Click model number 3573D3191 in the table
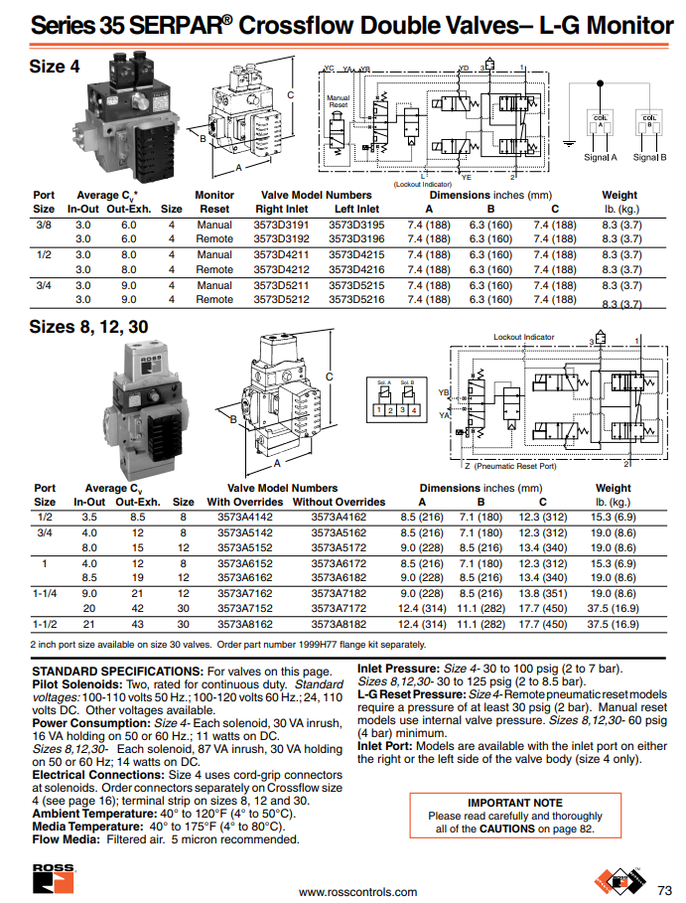point(282,226)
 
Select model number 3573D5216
point(355,299)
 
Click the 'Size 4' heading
point(55,67)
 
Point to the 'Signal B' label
point(650,157)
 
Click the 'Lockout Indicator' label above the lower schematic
point(524,338)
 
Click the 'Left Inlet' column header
point(356,210)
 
